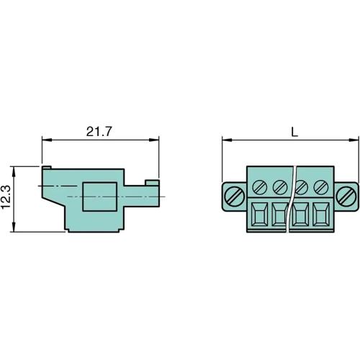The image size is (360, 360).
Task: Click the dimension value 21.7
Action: [100, 132]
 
